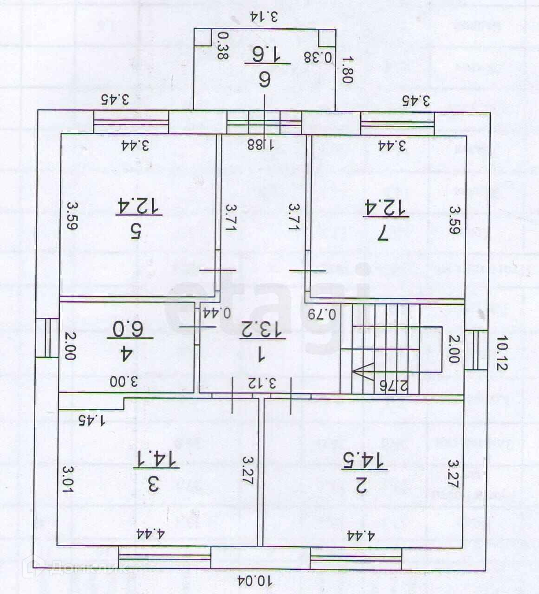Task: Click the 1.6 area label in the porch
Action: (x=267, y=55)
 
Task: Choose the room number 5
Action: (x=136, y=231)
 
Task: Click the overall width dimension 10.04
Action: (x=255, y=581)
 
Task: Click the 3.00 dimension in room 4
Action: (x=124, y=381)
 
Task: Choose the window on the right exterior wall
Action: (x=476, y=350)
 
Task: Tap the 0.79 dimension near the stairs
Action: (x=325, y=313)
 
